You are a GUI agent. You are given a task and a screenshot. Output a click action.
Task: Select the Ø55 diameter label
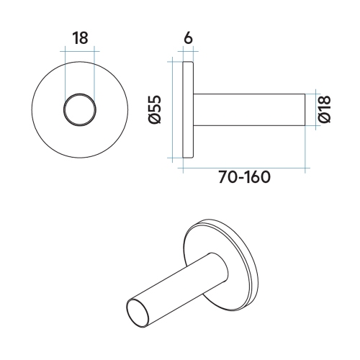tap(154, 109)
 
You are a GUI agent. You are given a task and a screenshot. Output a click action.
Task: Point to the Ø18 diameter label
tap(324, 109)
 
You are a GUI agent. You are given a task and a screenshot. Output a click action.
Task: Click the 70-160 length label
tap(244, 177)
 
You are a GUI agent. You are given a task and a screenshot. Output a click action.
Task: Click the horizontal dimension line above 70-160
tap(245, 168)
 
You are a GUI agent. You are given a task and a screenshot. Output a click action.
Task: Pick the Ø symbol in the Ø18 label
tap(324, 120)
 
